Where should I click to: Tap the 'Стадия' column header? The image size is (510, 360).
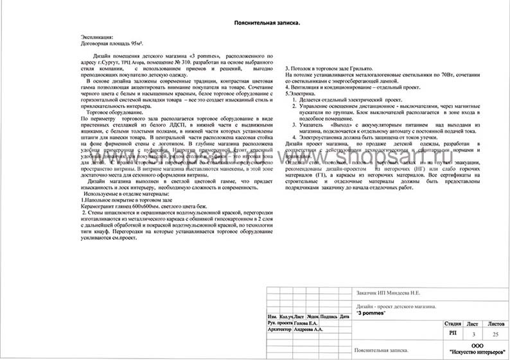(x=452, y=323)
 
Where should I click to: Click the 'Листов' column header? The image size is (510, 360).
(x=496, y=323)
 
